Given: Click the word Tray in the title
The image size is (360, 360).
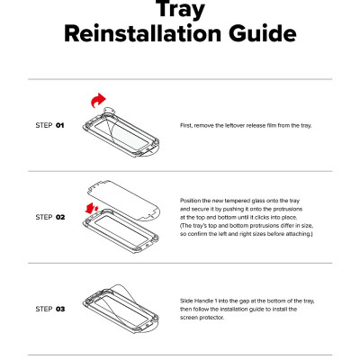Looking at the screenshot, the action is tap(180, 9).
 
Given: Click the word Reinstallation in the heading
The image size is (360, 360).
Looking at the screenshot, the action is tap(142, 33).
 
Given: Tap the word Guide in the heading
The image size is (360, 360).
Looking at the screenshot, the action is tap(263, 33).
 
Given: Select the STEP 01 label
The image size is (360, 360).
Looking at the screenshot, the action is tap(49, 125).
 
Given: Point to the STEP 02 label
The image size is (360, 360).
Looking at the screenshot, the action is tap(50, 217).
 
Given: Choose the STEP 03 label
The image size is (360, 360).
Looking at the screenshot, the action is tap(50, 309).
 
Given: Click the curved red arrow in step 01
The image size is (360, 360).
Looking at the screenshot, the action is tap(98, 101).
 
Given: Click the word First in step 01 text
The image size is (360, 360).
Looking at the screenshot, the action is tap(186, 125).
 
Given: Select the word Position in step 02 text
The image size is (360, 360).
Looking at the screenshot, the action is tap(191, 201).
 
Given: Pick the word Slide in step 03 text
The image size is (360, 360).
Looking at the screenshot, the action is tap(186, 301).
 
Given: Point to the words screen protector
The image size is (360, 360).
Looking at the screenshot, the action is tap(202, 318).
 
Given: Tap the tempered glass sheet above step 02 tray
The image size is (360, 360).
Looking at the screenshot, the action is tap(123, 201).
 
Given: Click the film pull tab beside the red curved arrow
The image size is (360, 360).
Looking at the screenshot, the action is tap(109, 112).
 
